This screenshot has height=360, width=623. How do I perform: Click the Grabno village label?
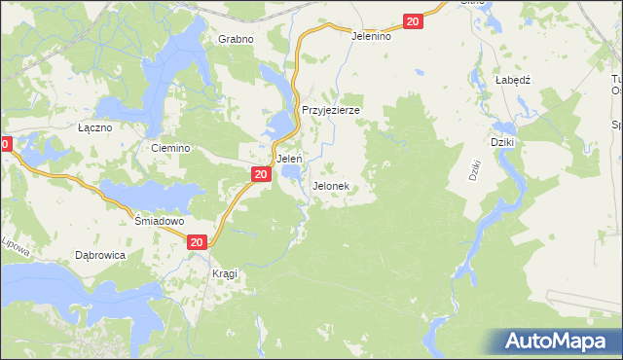click(236, 39)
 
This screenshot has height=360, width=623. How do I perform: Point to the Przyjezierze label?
click(331, 111)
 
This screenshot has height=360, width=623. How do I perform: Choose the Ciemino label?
click(168, 148)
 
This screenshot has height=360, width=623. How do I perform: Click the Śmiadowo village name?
click(159, 221)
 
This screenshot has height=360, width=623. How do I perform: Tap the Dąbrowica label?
click(100, 255)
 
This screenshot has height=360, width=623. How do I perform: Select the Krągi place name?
click(225, 274)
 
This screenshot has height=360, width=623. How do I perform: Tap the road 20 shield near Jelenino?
click(413, 21)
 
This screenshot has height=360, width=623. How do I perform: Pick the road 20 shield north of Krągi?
click(197, 242)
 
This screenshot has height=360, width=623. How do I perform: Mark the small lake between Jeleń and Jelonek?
click(291, 174)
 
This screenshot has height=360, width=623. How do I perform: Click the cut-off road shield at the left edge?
click(5, 144)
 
